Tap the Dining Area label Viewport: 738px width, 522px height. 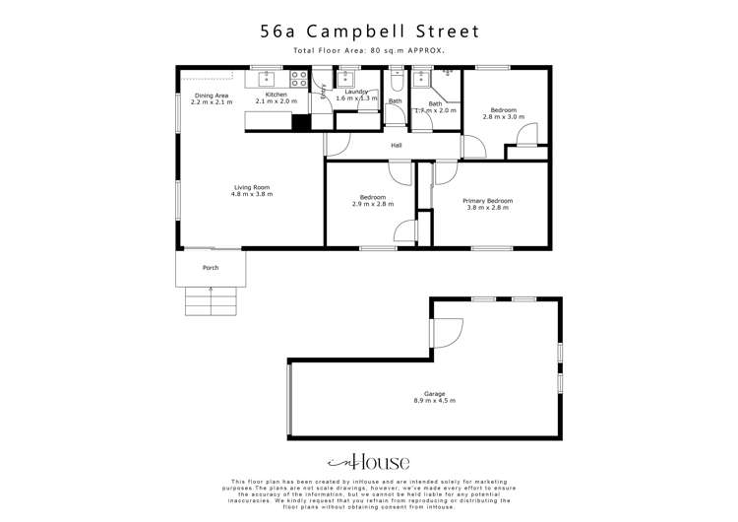(211, 95)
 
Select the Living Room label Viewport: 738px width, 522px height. (251, 187)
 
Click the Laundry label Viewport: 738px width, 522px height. (356, 92)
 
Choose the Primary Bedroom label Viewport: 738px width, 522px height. (489, 201)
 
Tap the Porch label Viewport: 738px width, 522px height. (211, 268)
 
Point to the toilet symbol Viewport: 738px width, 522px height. (396, 80)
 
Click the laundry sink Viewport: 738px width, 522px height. (346, 78)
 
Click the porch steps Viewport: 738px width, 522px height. (211, 300)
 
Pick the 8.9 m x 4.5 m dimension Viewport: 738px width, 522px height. (433, 401)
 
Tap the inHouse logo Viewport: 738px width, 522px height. (368, 462)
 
